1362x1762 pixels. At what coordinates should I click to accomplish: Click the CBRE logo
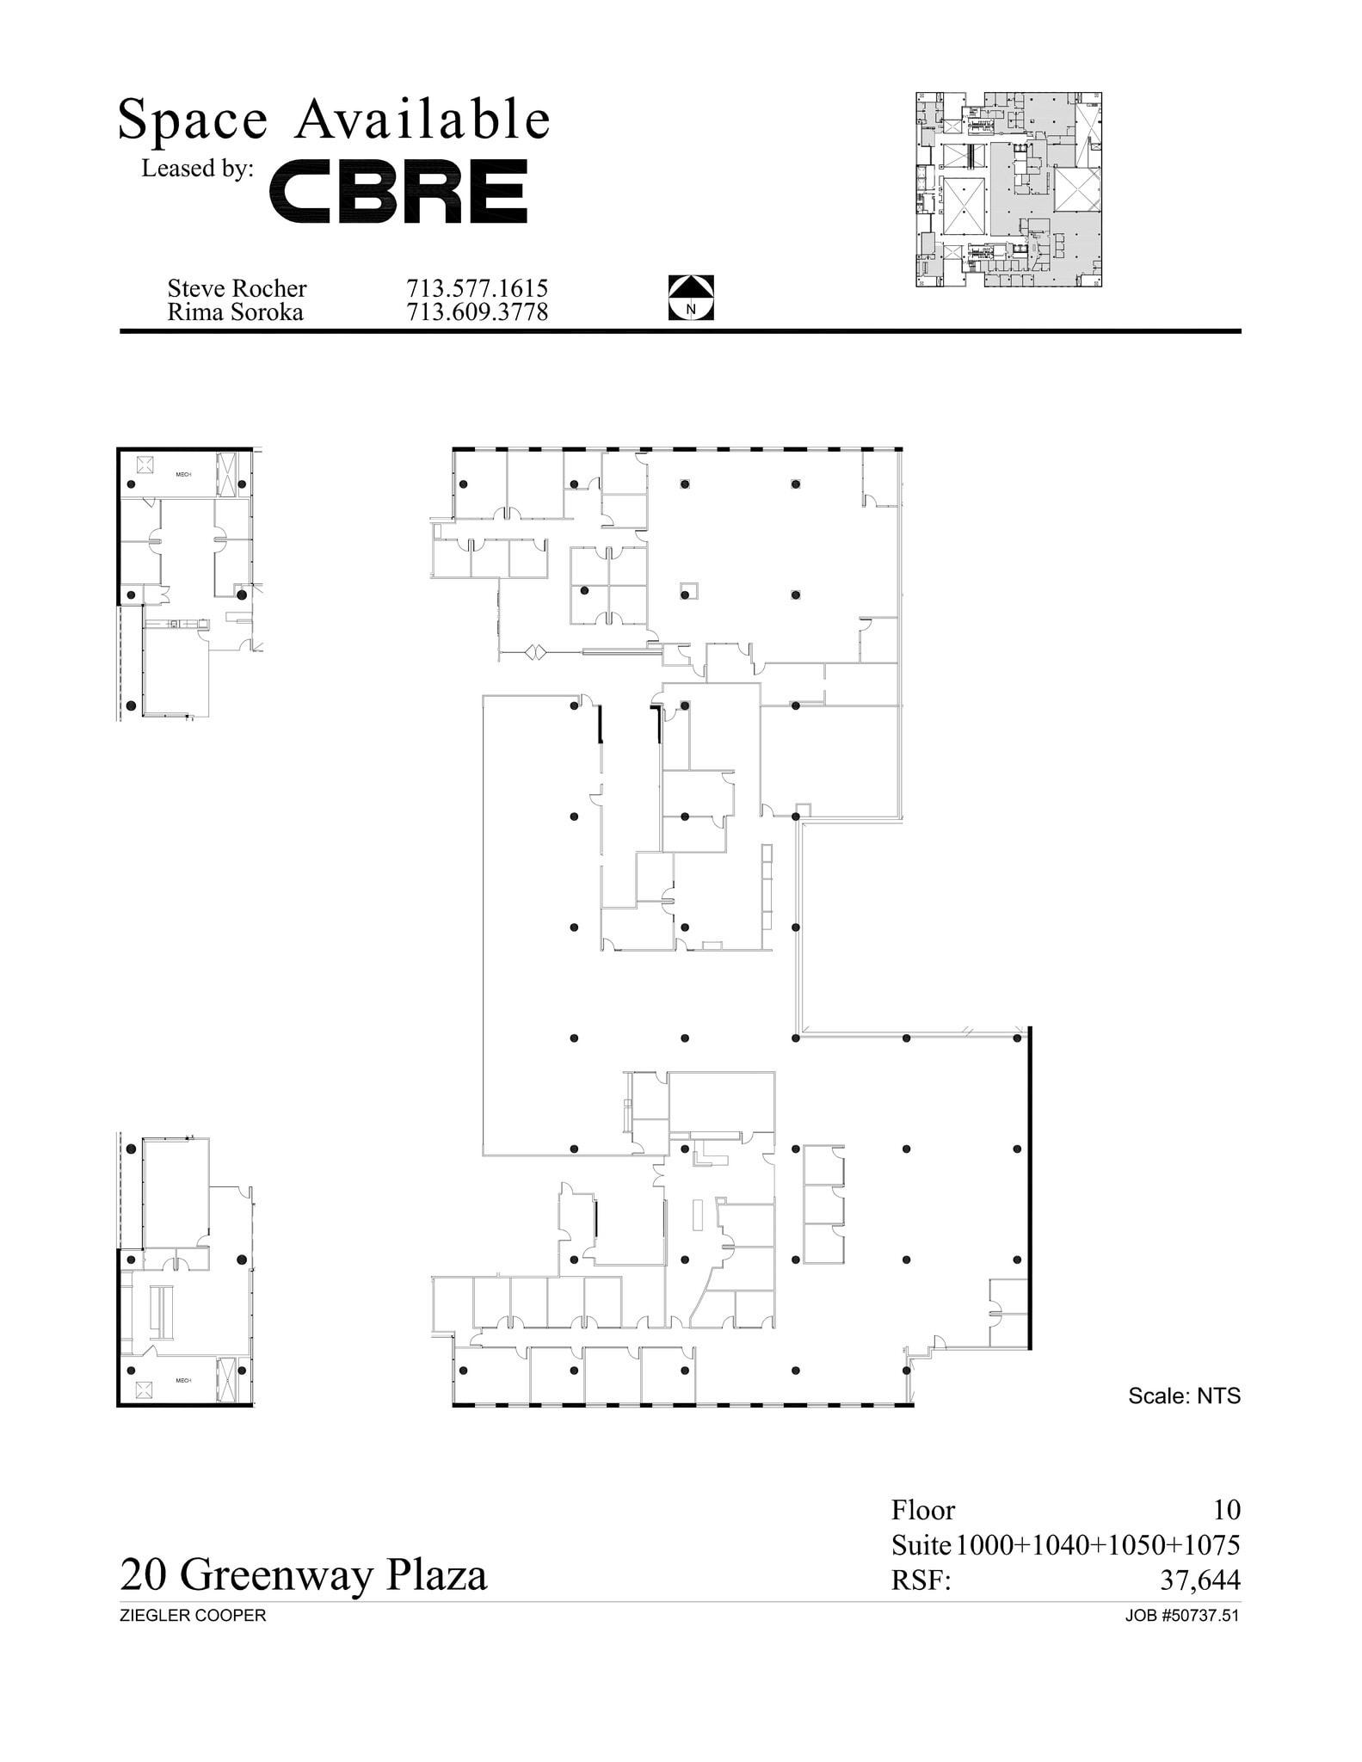pyautogui.click(x=398, y=191)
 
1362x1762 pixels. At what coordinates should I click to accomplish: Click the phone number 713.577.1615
pyautogui.click(x=477, y=287)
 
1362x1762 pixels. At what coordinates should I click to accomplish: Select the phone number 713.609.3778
pyautogui.click(x=477, y=311)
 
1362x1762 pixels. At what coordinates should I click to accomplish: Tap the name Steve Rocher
pyautogui.click(x=237, y=287)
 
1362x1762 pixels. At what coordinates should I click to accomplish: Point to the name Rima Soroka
pyautogui.click(x=235, y=311)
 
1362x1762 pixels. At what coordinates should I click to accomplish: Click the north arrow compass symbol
pyautogui.click(x=691, y=298)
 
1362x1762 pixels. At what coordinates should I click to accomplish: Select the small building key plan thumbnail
pyautogui.click(x=1008, y=189)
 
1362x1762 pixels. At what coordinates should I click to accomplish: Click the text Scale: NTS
pyautogui.click(x=1184, y=1395)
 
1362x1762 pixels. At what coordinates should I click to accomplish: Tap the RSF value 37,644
pyautogui.click(x=1199, y=1580)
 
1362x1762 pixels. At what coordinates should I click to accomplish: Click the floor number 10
pyautogui.click(x=1226, y=1509)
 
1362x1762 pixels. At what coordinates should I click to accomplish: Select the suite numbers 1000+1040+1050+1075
pyautogui.click(x=1097, y=1545)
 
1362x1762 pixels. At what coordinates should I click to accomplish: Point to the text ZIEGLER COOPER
pyautogui.click(x=193, y=1616)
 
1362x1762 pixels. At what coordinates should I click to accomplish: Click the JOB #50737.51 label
pyautogui.click(x=1181, y=1616)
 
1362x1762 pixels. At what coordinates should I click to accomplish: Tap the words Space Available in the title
pyautogui.click(x=334, y=119)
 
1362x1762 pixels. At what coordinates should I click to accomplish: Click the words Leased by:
pyautogui.click(x=197, y=169)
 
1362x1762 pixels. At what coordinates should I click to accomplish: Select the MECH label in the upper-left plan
pyautogui.click(x=183, y=475)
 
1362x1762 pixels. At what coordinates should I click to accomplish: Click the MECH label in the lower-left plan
pyautogui.click(x=183, y=1381)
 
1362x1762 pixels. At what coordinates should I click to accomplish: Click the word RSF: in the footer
pyautogui.click(x=921, y=1580)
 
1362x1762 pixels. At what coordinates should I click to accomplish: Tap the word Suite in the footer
pyautogui.click(x=921, y=1545)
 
